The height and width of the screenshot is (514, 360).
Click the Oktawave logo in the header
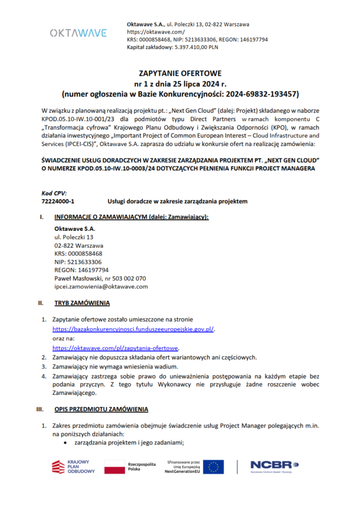point(78,33)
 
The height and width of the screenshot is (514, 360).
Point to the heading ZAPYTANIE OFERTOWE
point(180,73)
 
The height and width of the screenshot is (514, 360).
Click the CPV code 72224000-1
point(57,201)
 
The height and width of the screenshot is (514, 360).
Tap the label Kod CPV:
point(54,193)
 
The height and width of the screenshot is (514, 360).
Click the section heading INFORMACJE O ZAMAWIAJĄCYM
point(132,217)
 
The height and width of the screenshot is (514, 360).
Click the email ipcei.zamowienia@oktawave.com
point(101,287)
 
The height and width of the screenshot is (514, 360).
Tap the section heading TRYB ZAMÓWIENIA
point(82,303)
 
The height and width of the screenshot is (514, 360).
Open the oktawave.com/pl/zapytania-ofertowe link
point(116,348)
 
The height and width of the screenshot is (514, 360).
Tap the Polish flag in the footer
point(113,467)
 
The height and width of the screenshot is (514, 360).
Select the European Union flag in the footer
point(213,467)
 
